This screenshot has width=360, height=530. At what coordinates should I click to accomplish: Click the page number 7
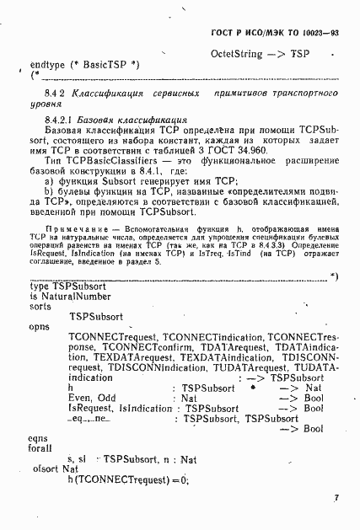(x=336, y=498)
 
